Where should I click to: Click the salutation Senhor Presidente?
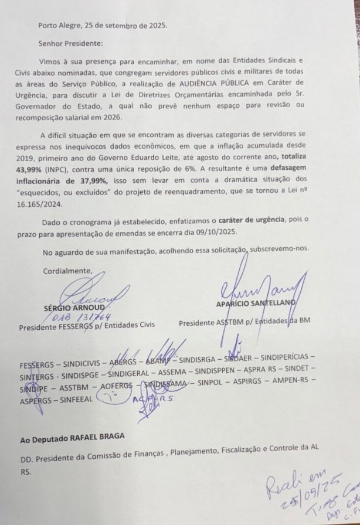pyautogui.click(x=70, y=43)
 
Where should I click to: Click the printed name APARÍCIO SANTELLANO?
pyautogui.click(x=255, y=302)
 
